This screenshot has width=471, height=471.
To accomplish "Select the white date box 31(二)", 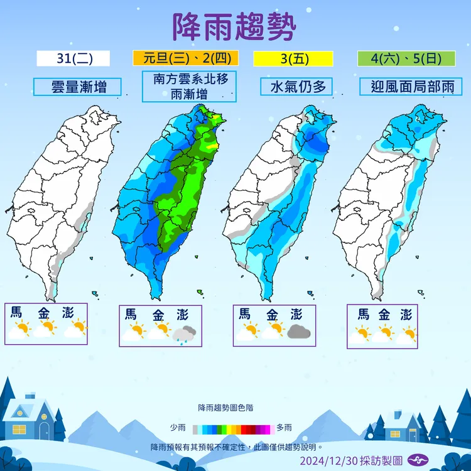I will [x=73, y=58].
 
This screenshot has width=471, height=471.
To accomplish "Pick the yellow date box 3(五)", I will [x=293, y=58].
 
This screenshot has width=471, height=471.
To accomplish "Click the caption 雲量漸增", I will [x=78, y=86].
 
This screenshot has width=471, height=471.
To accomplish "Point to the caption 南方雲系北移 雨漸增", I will [x=189, y=87].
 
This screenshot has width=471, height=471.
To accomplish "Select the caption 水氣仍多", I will [x=298, y=86].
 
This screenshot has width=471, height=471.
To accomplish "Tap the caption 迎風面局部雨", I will [x=406, y=86].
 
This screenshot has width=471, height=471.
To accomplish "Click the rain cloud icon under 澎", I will [x=185, y=334].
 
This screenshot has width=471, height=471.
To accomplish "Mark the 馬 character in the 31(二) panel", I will [x=16, y=312].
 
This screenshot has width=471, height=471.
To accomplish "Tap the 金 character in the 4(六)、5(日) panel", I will [x=385, y=314].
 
